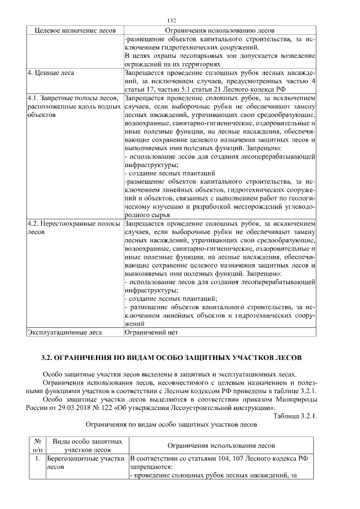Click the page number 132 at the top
pos(179,20)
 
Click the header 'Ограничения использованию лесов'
pos(220,30)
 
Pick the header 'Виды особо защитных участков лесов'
pos(84,445)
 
